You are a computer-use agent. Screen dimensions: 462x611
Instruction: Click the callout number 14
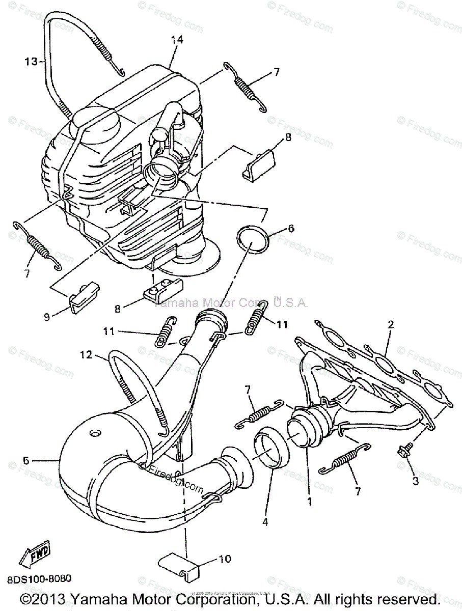(177, 39)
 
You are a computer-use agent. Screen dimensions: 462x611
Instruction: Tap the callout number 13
(31, 62)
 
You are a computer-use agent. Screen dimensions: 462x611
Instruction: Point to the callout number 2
(391, 324)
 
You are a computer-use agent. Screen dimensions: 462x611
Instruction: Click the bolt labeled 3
(406, 450)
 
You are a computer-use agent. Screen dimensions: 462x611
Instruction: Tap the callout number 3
(416, 480)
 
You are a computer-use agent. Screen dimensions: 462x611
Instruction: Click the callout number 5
(26, 460)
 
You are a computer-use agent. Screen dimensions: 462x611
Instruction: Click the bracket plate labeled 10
(181, 563)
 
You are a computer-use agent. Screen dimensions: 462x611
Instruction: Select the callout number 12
(87, 355)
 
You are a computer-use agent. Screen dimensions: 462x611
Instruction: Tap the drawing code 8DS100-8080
(39, 579)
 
